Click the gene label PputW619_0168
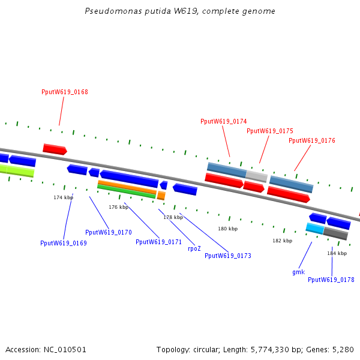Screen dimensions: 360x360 pyautogui.click(x=65, y=92)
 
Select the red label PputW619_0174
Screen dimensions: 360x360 pyautogui.click(x=223, y=121)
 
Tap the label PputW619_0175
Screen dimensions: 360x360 pyautogui.click(x=270, y=131)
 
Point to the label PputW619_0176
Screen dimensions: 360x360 pyautogui.click(x=312, y=140)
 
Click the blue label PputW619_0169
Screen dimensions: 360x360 pyautogui.click(x=64, y=243)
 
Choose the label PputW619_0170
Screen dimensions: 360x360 pyautogui.click(x=109, y=232)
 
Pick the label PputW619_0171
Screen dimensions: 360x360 pyautogui.click(x=158, y=242)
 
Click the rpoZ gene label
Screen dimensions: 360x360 pyautogui.click(x=194, y=248)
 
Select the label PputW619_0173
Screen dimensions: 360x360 pyautogui.click(x=227, y=256)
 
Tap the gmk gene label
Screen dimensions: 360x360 pyautogui.click(x=299, y=272)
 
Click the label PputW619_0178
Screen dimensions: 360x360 pyautogui.click(x=331, y=280)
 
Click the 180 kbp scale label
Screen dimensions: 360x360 pyautogui.click(x=227, y=229)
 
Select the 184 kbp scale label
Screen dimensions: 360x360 pyautogui.click(x=337, y=253)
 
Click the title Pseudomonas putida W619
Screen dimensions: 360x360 pyautogui.click(x=180, y=11)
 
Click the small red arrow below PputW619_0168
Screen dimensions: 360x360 pyautogui.click(x=55, y=149)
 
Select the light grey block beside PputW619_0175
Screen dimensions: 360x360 pyautogui.click(x=256, y=176)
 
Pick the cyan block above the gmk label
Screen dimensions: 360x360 pyautogui.click(x=314, y=228)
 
